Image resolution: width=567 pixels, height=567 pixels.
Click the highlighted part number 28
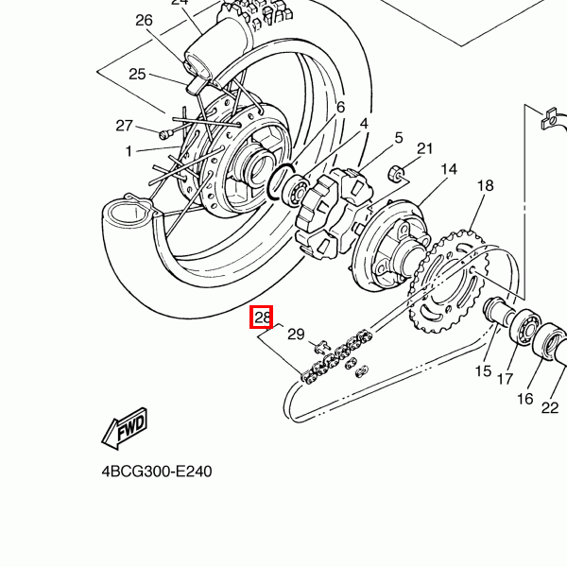pyautogui.click(x=262, y=318)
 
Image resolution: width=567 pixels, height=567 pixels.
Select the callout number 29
pyautogui.click(x=296, y=335)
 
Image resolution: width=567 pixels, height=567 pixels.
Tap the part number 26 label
pyautogui.click(x=144, y=20)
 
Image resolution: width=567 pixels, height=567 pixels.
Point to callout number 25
pyautogui.click(x=137, y=75)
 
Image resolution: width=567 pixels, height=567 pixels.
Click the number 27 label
pyautogui.click(x=125, y=126)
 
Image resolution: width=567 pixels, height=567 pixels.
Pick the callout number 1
pyautogui.click(x=129, y=150)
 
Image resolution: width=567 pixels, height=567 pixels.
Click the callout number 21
pyautogui.click(x=424, y=148)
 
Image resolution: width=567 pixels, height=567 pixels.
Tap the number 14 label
pyautogui.click(x=448, y=169)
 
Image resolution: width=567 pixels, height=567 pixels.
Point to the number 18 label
pyautogui.click(x=485, y=186)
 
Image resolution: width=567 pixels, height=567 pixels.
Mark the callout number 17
pyautogui.click(x=506, y=379)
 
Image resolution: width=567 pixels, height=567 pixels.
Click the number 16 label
pyautogui.click(x=524, y=399)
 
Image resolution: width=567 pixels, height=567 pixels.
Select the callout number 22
pyautogui.click(x=550, y=408)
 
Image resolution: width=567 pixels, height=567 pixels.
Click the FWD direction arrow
pyautogui.click(x=124, y=431)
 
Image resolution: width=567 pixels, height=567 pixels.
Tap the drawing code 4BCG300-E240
pyautogui.click(x=156, y=471)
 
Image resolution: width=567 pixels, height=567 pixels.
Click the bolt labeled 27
pyautogui.click(x=167, y=133)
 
